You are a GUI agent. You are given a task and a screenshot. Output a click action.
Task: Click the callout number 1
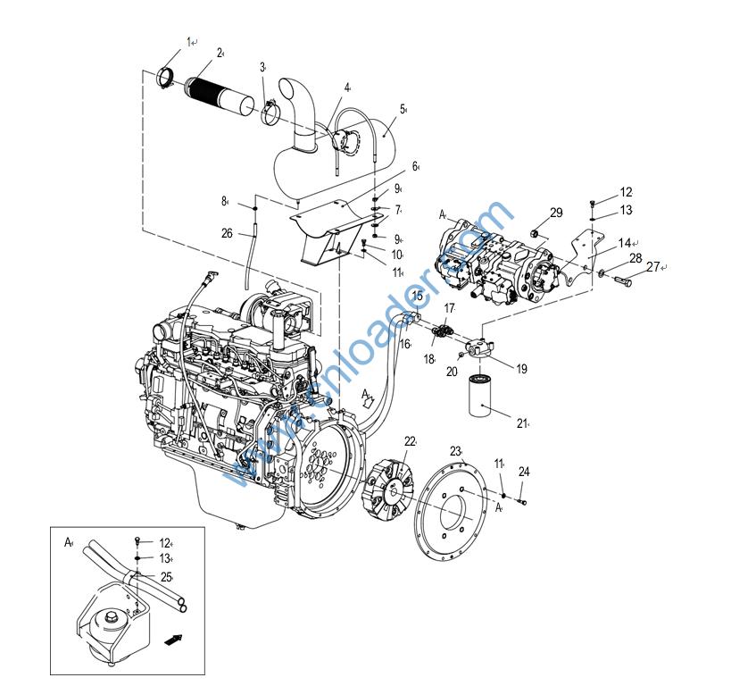(189, 41)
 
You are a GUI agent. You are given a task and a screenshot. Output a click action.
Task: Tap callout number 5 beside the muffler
(403, 110)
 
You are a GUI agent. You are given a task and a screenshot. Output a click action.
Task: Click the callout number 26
(227, 233)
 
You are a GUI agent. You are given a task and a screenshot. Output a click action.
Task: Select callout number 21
(522, 423)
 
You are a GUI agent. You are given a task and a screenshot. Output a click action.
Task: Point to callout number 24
(524, 472)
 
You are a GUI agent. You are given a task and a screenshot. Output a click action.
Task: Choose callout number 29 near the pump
(556, 213)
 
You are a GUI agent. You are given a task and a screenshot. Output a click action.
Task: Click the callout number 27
(653, 266)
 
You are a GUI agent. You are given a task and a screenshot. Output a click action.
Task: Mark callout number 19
(520, 368)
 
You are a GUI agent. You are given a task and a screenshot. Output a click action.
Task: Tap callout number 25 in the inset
(166, 577)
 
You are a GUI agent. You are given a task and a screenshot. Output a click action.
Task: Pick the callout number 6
(415, 166)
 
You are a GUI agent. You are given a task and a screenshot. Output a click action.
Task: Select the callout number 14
(625, 242)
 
